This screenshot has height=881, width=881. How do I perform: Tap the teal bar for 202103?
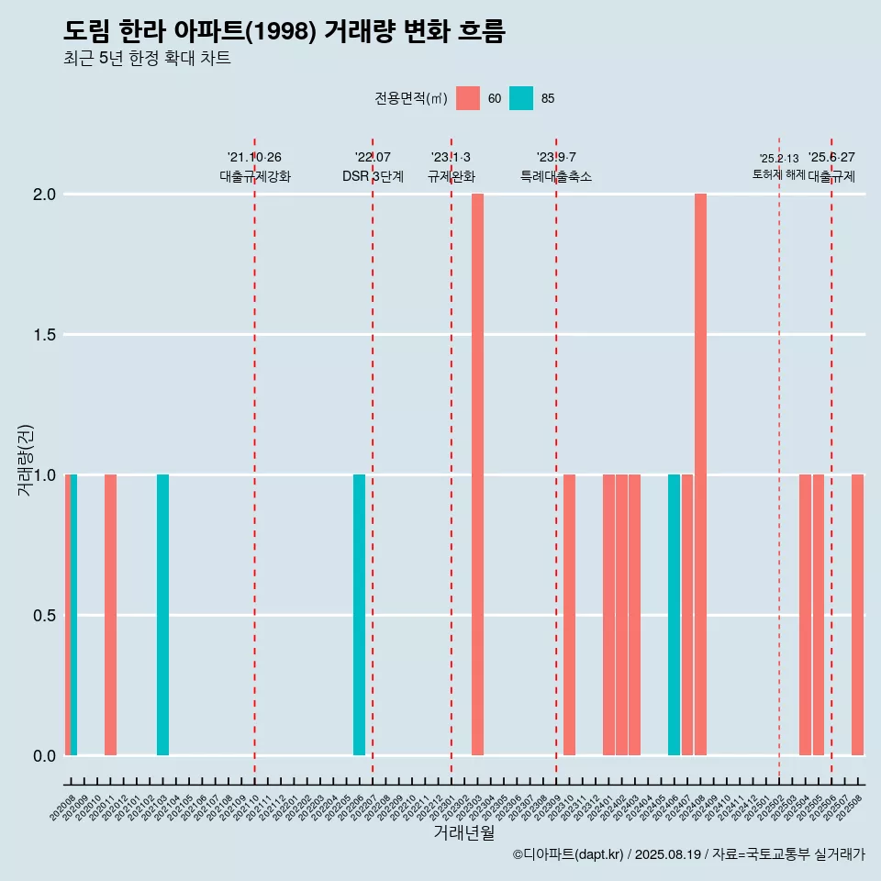(162, 615)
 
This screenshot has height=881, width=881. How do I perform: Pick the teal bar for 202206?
(359, 615)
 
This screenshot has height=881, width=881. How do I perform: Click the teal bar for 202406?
(674, 615)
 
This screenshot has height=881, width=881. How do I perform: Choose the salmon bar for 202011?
(110, 615)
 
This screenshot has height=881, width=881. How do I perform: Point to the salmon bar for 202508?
(857, 615)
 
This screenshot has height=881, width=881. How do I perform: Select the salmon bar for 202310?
(569, 615)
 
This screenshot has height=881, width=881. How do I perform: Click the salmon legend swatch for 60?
(468, 98)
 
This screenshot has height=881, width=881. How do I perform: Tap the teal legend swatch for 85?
(521, 98)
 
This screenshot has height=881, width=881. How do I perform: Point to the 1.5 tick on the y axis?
(45, 335)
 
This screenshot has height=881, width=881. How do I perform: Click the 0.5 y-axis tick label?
(45, 616)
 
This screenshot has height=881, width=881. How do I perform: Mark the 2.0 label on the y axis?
(45, 195)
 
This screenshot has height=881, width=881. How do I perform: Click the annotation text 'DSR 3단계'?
(373, 176)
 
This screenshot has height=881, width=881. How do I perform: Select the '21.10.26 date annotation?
(254, 157)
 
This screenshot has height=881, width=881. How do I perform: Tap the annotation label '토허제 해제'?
(778, 174)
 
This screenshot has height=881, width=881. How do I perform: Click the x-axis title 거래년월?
(463, 832)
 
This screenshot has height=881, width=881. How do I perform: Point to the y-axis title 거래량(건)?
(26, 459)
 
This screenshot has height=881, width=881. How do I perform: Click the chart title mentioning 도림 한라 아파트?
(284, 31)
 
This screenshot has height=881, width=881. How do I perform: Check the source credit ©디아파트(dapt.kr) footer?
(688, 854)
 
